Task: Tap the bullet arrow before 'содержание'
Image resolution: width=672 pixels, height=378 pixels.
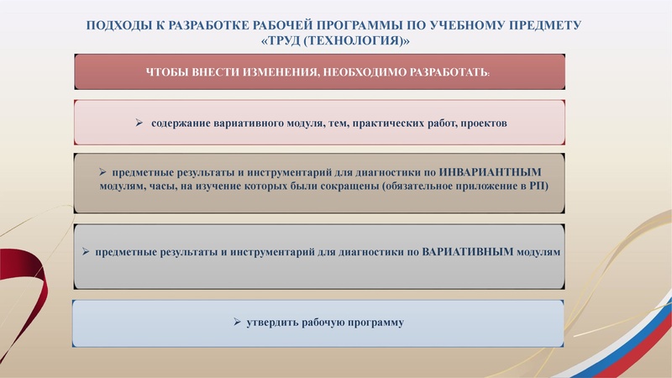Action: point(140,123)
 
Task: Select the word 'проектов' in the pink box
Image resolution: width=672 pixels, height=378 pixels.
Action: point(479,123)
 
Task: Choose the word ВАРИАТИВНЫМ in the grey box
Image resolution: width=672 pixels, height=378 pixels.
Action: point(469,251)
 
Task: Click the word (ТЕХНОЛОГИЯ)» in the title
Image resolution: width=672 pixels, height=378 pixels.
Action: point(360,40)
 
